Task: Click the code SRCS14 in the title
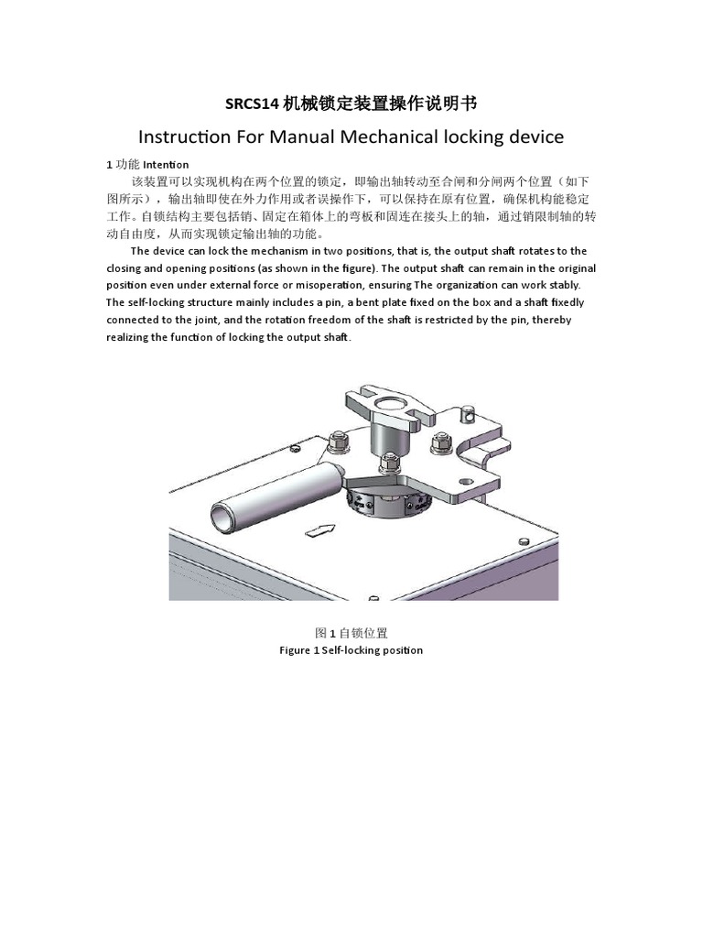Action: [x=252, y=104]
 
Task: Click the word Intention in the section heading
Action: [x=167, y=164]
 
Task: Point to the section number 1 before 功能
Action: [x=109, y=164]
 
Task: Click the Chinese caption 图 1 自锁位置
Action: [x=351, y=633]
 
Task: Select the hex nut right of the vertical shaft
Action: [x=438, y=444]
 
